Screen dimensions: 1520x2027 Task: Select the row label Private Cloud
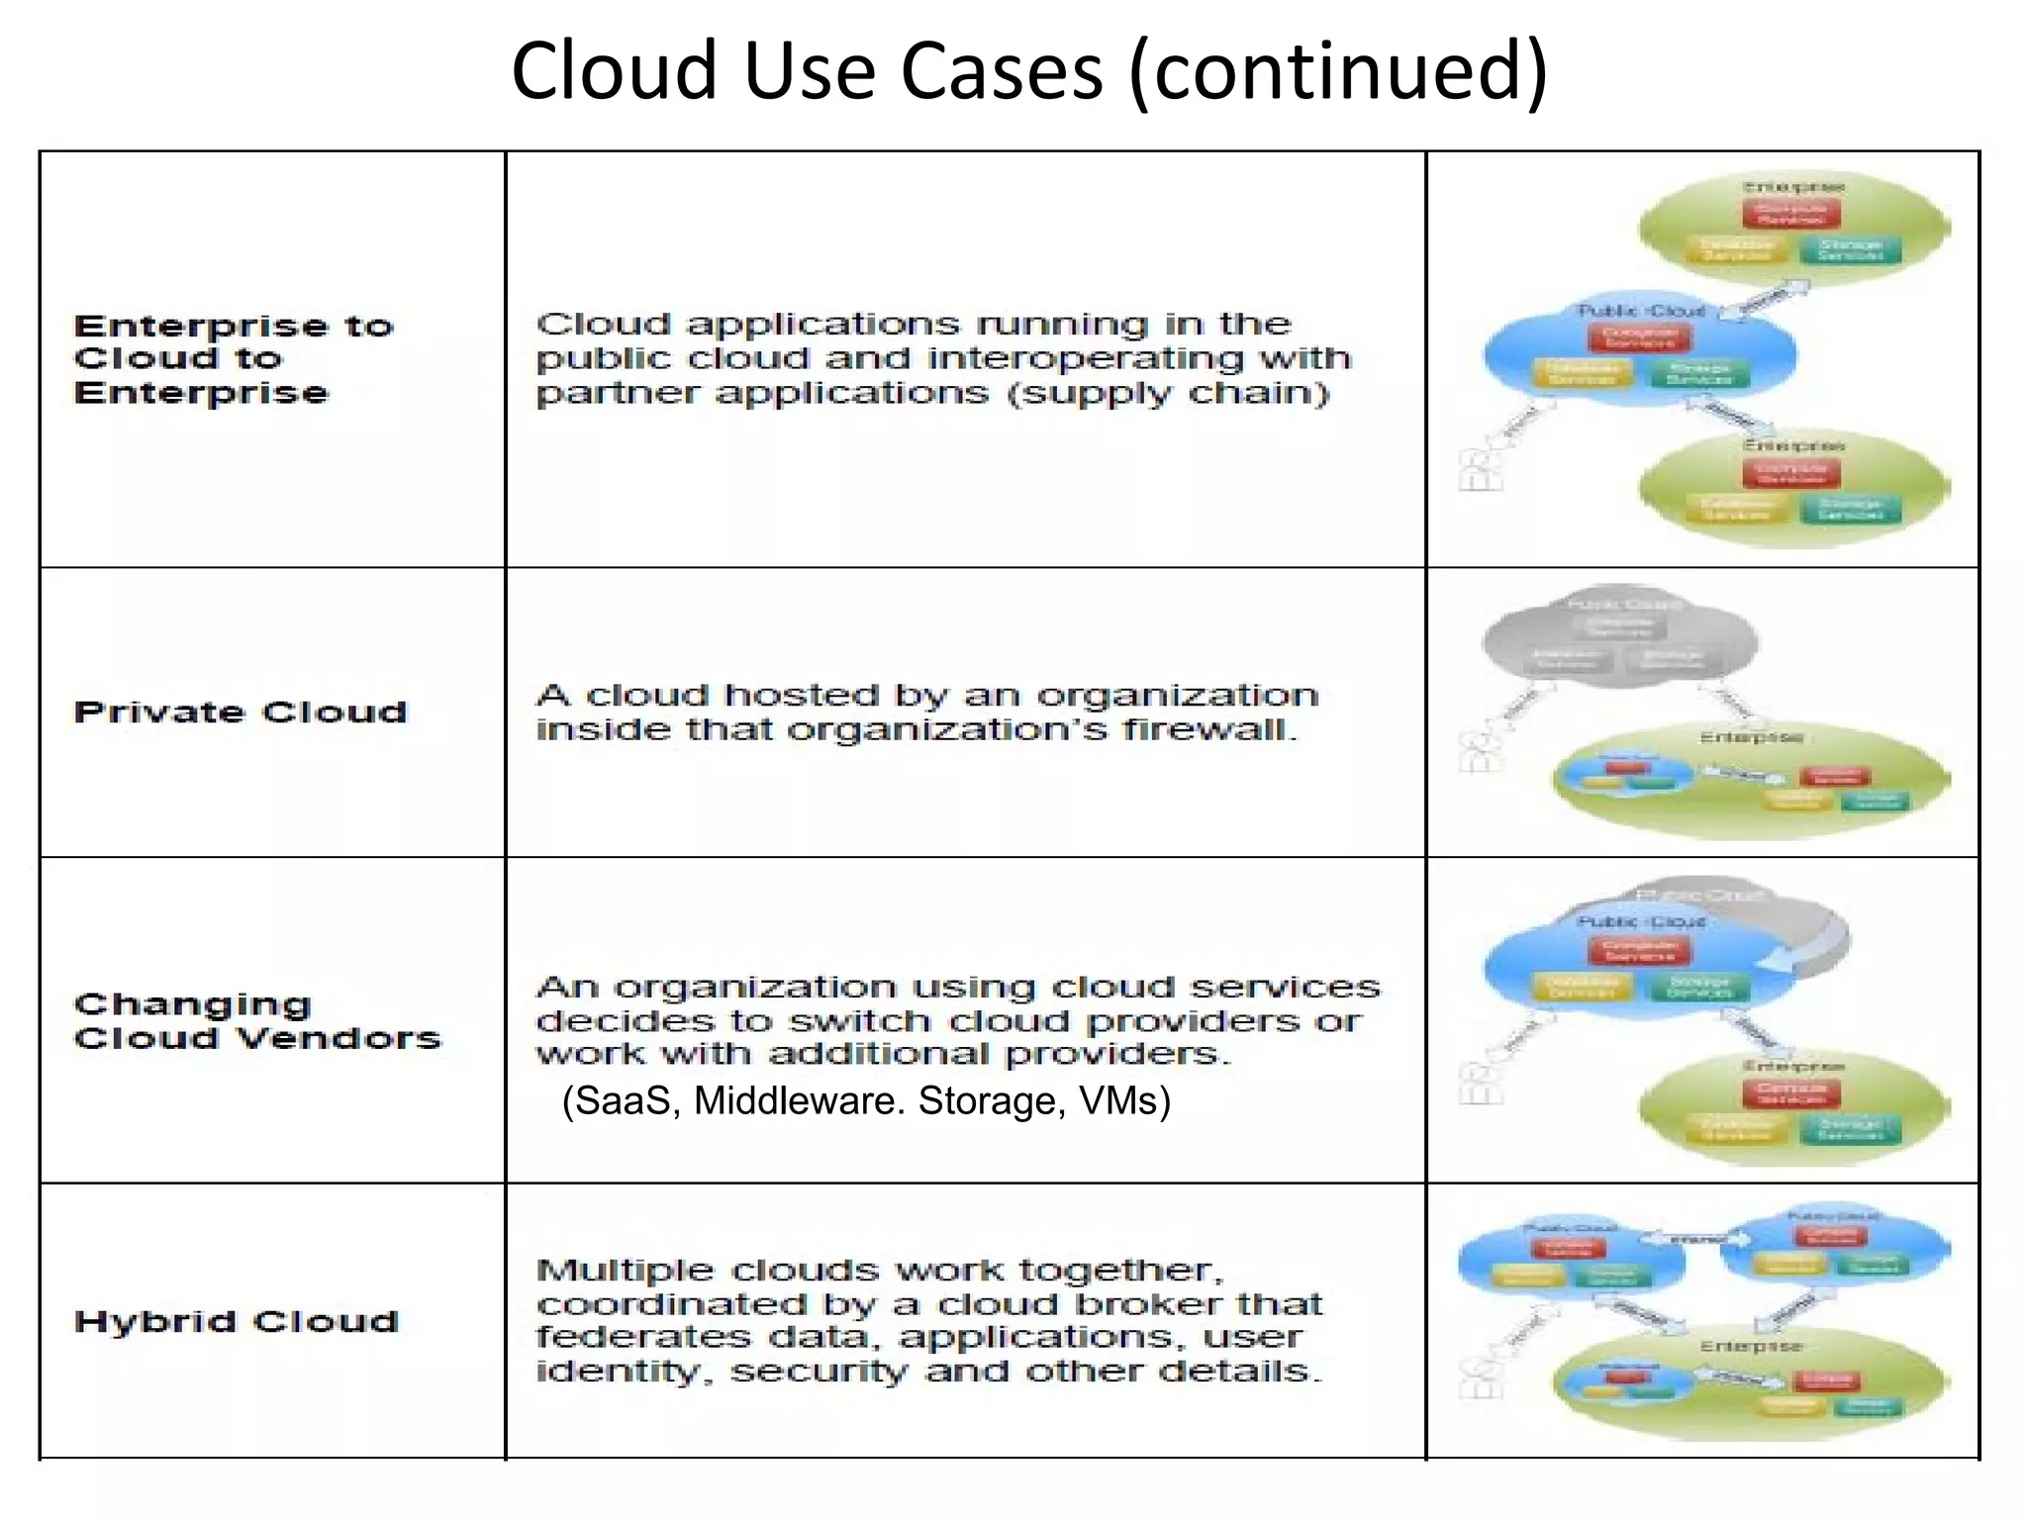[x=241, y=712]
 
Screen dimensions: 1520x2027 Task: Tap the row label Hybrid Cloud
[x=237, y=1322]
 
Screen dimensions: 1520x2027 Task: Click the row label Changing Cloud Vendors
[x=256, y=1021]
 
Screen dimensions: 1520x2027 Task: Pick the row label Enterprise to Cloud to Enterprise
[x=234, y=359]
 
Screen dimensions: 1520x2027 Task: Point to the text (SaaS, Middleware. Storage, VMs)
[x=866, y=1101]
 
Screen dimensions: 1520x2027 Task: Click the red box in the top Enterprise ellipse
[x=1791, y=213]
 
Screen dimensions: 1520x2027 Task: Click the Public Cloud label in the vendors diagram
[x=1640, y=921]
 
